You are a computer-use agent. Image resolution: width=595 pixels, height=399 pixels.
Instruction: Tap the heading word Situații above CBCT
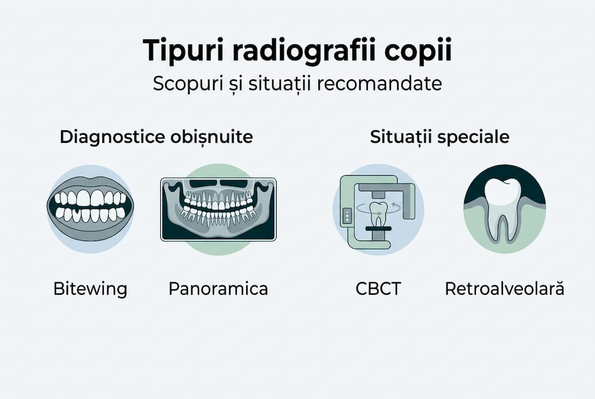(402, 137)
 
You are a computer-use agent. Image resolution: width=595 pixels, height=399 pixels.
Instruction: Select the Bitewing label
(90, 289)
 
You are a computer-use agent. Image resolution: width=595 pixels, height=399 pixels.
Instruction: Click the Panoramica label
(218, 289)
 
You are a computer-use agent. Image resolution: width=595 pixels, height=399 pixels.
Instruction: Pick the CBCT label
(378, 289)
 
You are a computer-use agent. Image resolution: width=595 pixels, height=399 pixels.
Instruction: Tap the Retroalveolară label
(505, 289)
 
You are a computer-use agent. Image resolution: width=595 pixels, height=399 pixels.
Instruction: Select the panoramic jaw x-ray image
(218, 209)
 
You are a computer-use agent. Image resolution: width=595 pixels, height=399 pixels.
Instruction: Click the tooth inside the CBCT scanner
(378, 213)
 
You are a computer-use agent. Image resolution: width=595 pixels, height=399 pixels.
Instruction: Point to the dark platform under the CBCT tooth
(378, 229)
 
